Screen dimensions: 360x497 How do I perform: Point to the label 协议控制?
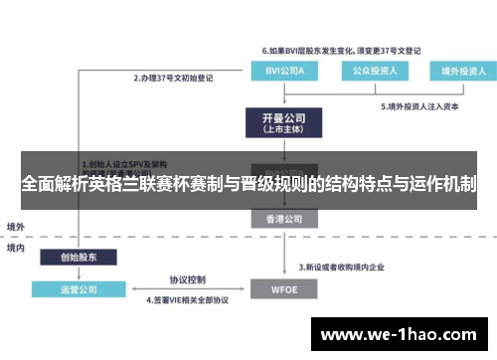point(186,279)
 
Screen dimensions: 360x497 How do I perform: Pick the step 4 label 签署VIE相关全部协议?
point(188,299)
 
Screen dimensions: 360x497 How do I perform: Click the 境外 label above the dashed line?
point(16,226)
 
